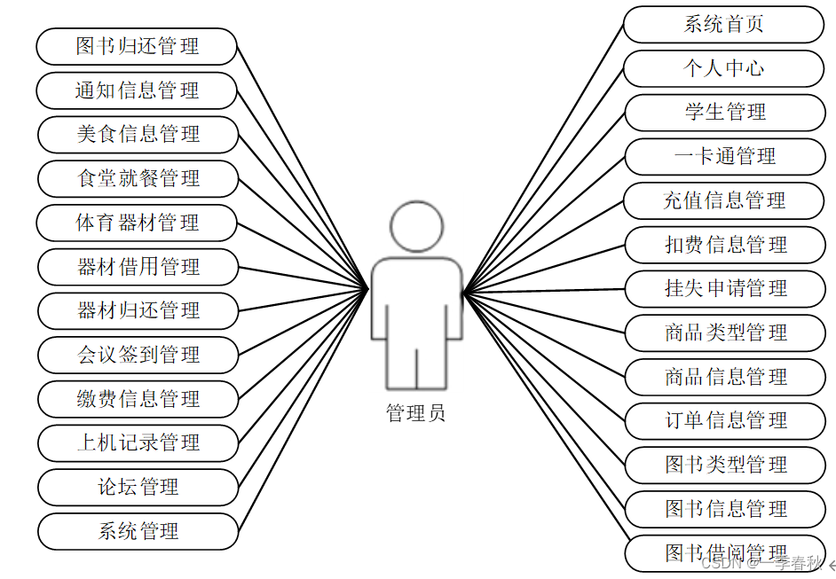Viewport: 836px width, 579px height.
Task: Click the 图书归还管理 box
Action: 137,46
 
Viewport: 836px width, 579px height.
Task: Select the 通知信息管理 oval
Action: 137,90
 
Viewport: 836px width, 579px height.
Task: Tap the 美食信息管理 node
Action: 138,135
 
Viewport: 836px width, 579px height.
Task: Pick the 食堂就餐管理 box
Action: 138,178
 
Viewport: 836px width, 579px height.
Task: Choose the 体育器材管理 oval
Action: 138,223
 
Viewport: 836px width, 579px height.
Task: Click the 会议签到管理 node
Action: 138,355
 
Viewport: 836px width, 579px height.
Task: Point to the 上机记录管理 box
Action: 138,442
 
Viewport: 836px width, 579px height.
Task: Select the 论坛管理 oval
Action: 138,487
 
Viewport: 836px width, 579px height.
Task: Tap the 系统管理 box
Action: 138,531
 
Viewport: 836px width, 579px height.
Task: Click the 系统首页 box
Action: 724,25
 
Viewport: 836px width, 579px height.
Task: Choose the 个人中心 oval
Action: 724,68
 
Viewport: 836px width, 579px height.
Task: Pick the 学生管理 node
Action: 725,113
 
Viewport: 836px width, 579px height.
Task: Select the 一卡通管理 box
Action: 725,157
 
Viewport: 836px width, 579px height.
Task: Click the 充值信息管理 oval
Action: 724,200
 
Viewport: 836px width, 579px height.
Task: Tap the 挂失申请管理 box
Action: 725,288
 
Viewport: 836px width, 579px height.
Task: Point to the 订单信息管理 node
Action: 725,420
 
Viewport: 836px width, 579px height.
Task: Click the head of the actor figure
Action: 416,226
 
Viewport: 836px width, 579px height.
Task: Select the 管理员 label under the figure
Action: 415,413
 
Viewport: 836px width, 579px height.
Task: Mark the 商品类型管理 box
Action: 725,333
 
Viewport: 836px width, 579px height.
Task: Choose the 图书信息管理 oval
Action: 725,509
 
